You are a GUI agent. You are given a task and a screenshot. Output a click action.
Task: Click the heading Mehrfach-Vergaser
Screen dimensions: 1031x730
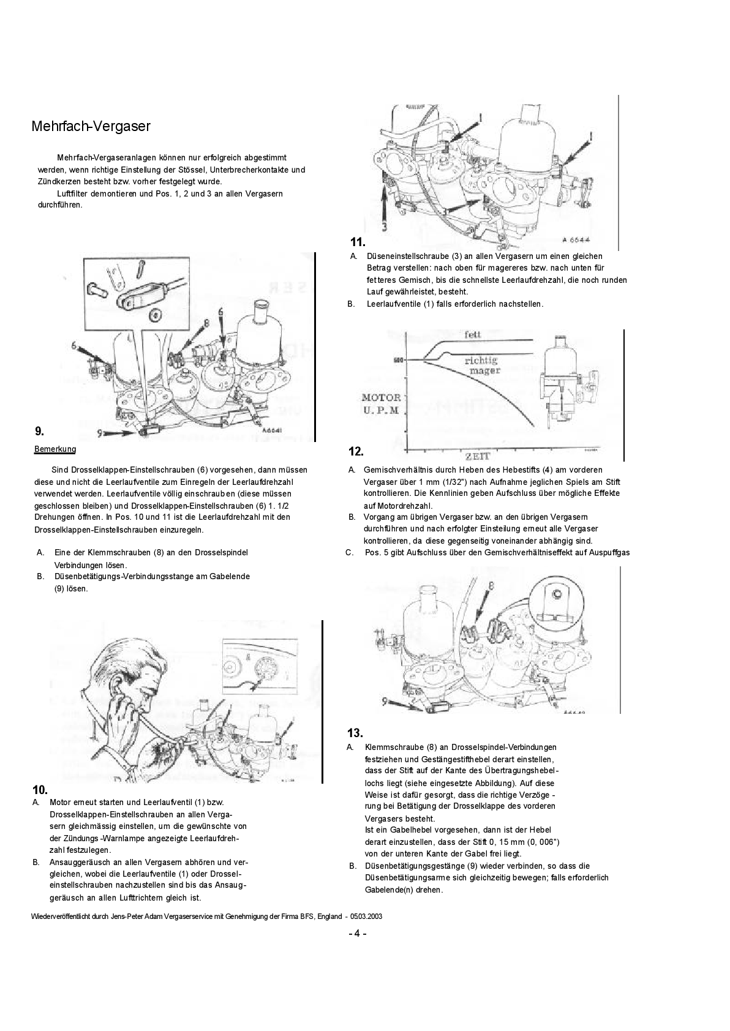pyautogui.click(x=91, y=127)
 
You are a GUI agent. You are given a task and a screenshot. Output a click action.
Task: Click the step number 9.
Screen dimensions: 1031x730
pyautogui.click(x=39, y=430)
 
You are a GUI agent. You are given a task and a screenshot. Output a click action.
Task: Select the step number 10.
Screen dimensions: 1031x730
pyautogui.click(x=40, y=790)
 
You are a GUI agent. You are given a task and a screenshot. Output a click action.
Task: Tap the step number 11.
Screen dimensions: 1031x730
pyautogui.click(x=358, y=242)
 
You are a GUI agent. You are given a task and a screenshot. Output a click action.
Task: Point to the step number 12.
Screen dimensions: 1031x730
pyautogui.click(x=356, y=452)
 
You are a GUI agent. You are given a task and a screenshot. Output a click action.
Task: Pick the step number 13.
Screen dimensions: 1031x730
pyautogui.click(x=355, y=733)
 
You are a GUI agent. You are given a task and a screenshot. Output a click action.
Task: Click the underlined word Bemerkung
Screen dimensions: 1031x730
pyautogui.click(x=55, y=449)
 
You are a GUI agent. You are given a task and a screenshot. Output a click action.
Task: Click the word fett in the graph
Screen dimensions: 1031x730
pyautogui.click(x=473, y=334)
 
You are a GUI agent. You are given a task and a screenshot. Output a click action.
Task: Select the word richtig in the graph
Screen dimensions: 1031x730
pyautogui.click(x=481, y=361)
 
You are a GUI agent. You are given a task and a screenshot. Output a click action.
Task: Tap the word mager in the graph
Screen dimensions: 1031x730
pyautogui.click(x=486, y=370)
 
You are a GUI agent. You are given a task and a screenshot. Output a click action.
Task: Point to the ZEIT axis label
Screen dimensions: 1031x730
pyautogui.click(x=480, y=457)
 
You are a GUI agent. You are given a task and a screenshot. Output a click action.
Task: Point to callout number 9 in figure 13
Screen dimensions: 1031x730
pyautogui.click(x=385, y=702)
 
